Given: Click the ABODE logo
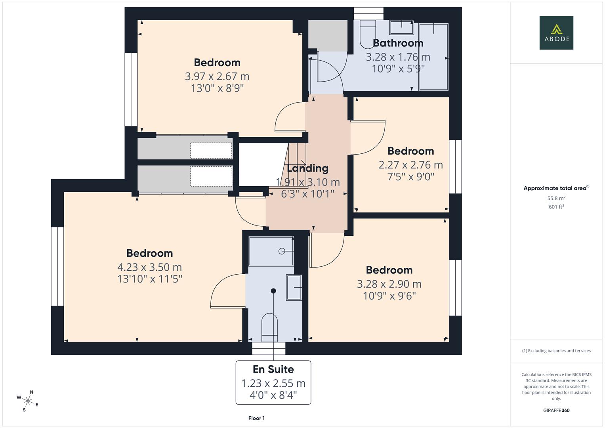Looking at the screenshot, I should click(556, 32).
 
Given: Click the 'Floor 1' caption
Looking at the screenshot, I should click(256, 418).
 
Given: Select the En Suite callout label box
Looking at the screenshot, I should click(273, 382).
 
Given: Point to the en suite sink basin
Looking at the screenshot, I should click(294, 287).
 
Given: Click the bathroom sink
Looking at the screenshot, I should click(402, 27).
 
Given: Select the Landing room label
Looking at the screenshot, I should click(307, 168).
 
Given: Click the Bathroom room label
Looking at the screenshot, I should click(398, 43).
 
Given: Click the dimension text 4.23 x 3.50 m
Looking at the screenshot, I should click(149, 267).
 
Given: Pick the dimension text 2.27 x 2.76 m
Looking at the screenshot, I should click(410, 165).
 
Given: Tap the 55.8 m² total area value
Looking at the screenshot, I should click(556, 198).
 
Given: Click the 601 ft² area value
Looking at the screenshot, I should click(556, 207).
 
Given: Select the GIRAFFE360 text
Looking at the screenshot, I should click(556, 410).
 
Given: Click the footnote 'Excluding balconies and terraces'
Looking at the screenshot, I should click(556, 351).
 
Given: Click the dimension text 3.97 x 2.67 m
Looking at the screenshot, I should click(217, 76).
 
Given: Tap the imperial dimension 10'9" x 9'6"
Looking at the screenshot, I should click(389, 296).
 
